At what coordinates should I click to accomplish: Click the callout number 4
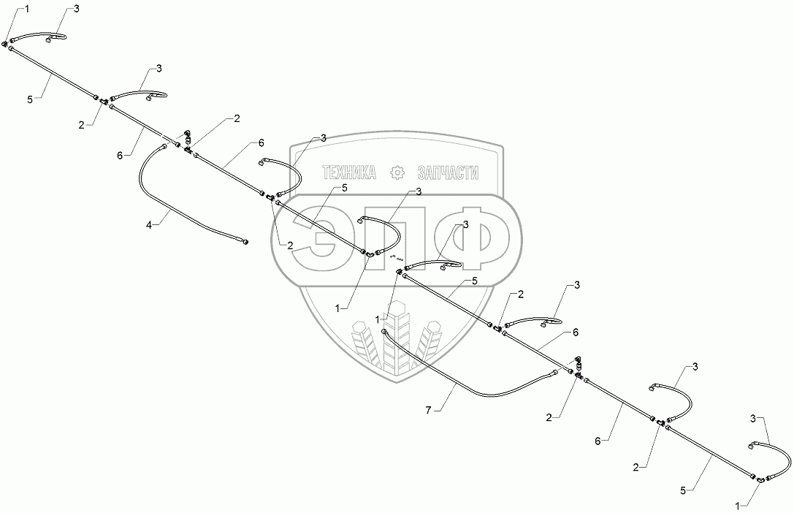(149, 226)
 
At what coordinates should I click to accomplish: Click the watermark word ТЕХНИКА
(349, 172)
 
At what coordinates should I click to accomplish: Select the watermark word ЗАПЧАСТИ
(448, 172)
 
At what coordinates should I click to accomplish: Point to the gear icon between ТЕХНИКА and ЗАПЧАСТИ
(398, 172)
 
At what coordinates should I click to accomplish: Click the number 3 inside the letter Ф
(465, 224)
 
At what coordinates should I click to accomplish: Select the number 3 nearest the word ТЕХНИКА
(323, 137)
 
